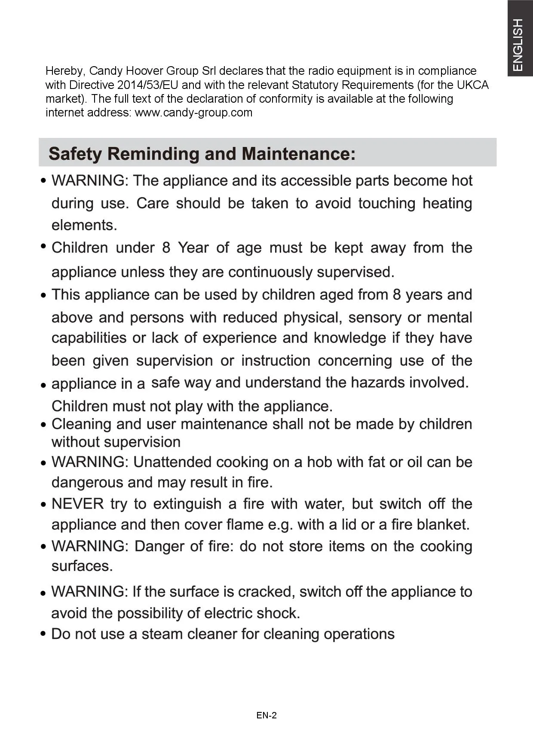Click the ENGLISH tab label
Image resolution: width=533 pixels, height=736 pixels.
point(519,45)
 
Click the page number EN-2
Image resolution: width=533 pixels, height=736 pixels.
point(266,715)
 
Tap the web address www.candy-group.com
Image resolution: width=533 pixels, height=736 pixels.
point(193,113)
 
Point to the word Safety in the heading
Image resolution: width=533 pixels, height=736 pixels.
point(75,154)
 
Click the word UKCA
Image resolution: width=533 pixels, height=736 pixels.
point(473,85)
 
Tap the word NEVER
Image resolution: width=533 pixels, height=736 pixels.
point(77,504)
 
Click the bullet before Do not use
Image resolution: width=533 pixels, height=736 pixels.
point(43,634)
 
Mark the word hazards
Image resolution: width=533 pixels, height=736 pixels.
point(377,382)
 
